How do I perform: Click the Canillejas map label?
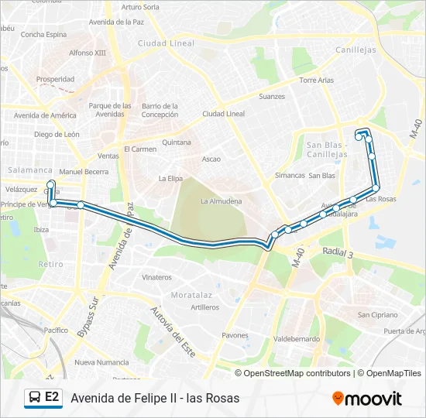click(x=356, y=50)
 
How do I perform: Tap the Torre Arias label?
click(x=316, y=80)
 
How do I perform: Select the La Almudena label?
click(x=221, y=201)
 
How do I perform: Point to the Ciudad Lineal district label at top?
click(x=166, y=43)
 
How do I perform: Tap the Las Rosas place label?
click(x=381, y=199)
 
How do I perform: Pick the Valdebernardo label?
click(x=297, y=339)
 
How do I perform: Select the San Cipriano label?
click(x=377, y=315)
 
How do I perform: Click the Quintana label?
click(x=177, y=142)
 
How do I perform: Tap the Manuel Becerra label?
click(x=84, y=171)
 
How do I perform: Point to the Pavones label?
click(x=235, y=335)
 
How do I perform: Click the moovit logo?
click(x=367, y=399)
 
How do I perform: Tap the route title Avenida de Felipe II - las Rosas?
click(x=155, y=399)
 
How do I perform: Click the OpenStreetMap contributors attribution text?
click(x=297, y=373)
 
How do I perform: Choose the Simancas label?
click(x=290, y=176)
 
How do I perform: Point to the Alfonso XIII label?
click(x=87, y=53)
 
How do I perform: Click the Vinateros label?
click(x=156, y=276)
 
